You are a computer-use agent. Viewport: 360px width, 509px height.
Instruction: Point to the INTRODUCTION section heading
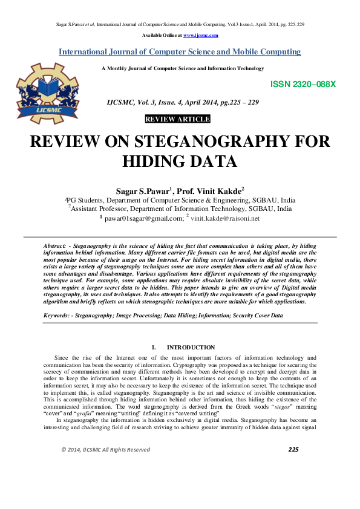tap(191, 348)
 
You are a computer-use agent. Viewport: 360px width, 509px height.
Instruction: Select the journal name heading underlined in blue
tap(179, 52)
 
